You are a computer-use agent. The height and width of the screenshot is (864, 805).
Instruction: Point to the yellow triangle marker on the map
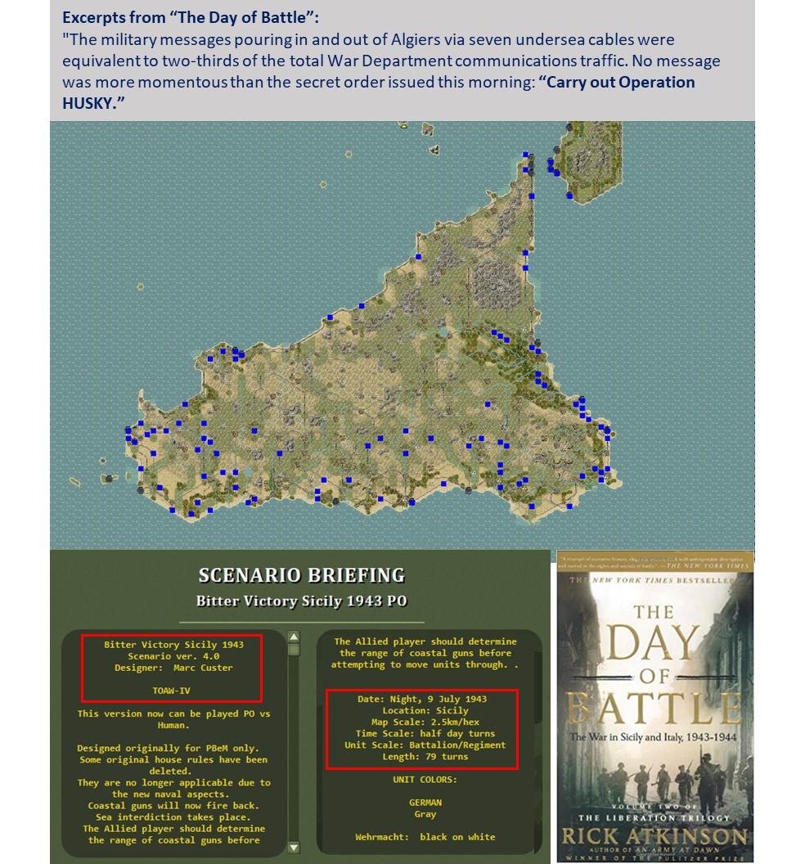pyautogui.click(x=403, y=127)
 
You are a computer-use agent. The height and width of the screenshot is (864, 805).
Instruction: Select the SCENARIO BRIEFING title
pyautogui.click(x=302, y=575)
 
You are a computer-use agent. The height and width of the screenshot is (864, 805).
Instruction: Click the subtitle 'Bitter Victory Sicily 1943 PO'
pyautogui.click(x=302, y=601)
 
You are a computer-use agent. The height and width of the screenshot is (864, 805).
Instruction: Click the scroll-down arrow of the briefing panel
pyautogui.click(x=295, y=847)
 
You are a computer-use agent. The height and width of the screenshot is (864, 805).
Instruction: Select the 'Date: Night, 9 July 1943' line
pyautogui.click(x=422, y=699)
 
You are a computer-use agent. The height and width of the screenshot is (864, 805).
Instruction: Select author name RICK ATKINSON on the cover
pyautogui.click(x=654, y=835)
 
